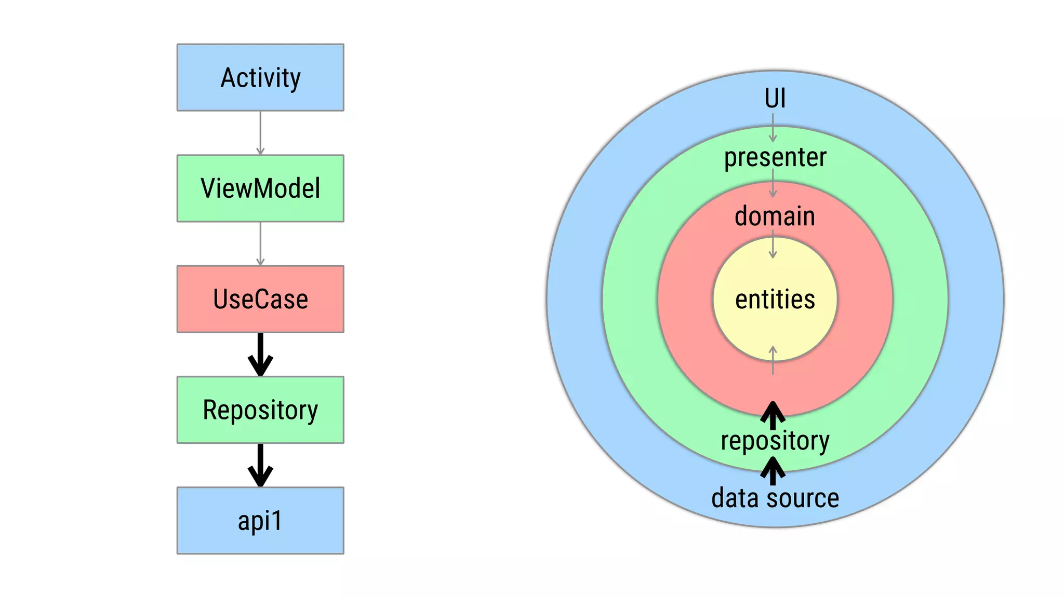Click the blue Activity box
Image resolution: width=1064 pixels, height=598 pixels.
coord(260,77)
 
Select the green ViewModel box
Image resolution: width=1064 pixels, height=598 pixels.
coord(260,188)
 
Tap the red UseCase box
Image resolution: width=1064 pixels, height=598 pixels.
coord(260,299)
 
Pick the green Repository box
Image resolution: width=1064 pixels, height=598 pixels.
coord(260,410)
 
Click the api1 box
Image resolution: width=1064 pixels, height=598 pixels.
coord(260,520)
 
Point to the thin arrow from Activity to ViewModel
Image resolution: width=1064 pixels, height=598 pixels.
coord(260,133)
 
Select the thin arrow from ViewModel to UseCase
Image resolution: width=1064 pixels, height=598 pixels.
coord(260,244)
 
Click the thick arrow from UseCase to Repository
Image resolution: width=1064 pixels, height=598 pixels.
coord(260,355)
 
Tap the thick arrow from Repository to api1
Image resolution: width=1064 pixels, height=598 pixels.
coord(260,465)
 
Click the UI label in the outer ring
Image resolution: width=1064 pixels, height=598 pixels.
coord(775,98)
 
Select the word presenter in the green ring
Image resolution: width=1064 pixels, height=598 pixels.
coord(775,157)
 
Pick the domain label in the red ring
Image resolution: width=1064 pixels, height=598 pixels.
coord(775,216)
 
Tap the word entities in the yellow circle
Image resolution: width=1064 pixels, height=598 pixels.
coord(775,300)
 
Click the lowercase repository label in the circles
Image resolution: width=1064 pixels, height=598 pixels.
coord(775,441)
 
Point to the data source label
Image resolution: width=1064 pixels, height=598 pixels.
coord(775,498)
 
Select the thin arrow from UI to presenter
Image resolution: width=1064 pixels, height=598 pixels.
coord(773,128)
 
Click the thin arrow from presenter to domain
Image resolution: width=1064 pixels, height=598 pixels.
coord(773,184)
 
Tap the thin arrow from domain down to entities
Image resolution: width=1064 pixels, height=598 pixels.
coord(773,245)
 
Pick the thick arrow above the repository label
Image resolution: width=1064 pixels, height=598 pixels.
coord(773,415)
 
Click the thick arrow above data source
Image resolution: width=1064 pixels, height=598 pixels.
coord(773,471)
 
